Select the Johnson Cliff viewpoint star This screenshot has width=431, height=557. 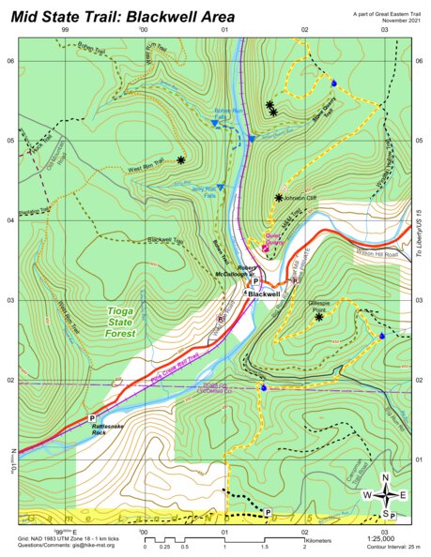(279, 198)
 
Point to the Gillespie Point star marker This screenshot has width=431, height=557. (319, 317)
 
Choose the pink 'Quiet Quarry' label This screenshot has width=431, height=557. (273, 238)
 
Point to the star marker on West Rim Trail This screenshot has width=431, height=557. (181, 160)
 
